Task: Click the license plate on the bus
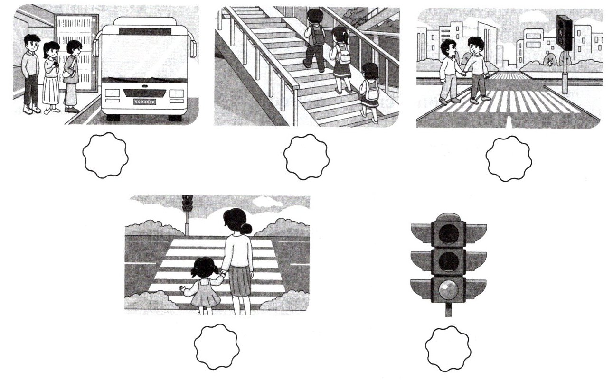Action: coord(144,102)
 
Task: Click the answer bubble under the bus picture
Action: coord(105,156)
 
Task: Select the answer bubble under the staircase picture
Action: coord(306,157)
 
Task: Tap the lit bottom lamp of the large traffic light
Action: coord(448,290)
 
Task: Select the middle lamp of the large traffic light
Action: coord(448,261)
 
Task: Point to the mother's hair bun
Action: coord(245,228)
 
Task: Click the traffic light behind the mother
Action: coord(188,203)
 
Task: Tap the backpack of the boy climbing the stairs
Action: coord(317,34)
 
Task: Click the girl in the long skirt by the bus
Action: coord(51,78)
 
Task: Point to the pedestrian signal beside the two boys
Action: coord(565,32)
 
